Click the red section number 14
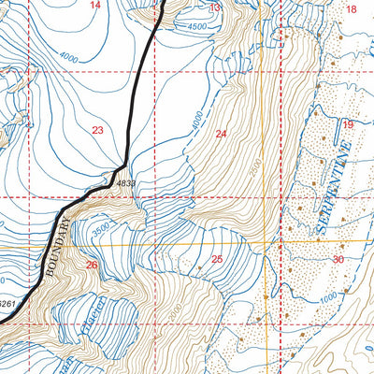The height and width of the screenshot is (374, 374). point(93,6)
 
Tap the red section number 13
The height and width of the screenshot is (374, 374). point(214,8)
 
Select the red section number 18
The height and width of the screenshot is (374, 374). point(352,9)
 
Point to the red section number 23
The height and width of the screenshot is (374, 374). point(97,130)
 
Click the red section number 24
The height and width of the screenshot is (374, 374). point(221,134)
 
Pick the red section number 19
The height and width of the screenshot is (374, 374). point(347,125)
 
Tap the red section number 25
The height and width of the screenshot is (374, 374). point(216,258)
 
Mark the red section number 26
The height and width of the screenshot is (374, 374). point(92,266)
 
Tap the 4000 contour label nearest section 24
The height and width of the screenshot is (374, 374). point(195,122)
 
